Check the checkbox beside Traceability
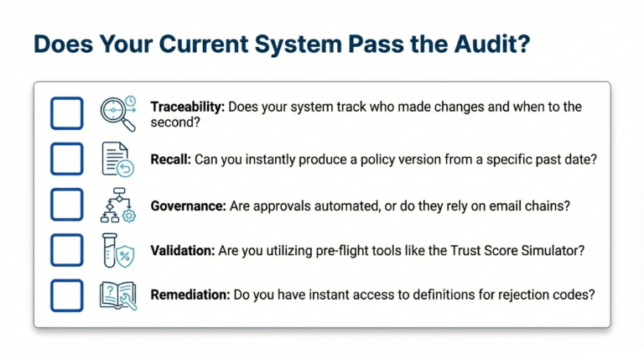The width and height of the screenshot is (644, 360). pos(67,113)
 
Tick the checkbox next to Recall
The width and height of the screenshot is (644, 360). pos(67,159)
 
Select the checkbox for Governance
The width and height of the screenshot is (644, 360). pos(67,204)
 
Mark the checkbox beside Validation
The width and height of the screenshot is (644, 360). pos(67,249)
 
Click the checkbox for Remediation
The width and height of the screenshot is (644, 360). pos(67,295)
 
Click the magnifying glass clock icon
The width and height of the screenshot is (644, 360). pos(117,113)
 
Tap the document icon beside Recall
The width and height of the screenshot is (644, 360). pos(117,159)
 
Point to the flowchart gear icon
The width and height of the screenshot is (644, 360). pos(117,204)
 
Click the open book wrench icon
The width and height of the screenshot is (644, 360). pos(117,295)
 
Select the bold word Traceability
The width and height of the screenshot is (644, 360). pos(186,107)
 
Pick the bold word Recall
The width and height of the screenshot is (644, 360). pos(171,159)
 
